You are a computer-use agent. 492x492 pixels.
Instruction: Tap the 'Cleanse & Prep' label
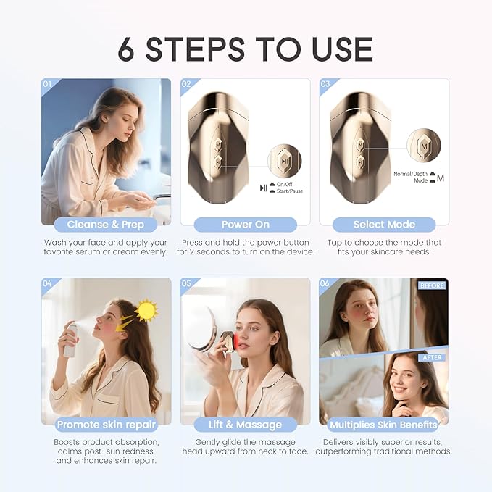107,225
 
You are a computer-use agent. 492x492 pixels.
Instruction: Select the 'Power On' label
245,225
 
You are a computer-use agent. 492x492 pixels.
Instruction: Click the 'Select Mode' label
384,225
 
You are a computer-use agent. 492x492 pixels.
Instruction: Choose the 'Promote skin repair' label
107,425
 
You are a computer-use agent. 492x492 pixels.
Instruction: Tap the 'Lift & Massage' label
245,425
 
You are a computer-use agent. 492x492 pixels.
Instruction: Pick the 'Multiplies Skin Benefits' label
384,425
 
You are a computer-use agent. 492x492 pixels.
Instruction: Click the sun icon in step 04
147,311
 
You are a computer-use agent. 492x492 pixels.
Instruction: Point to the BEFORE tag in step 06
432,285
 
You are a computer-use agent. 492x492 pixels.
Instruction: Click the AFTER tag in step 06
432,357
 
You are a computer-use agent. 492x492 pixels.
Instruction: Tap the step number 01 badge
48,84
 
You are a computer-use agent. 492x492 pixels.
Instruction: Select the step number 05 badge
187,283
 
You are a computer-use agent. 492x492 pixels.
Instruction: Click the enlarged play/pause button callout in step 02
285,161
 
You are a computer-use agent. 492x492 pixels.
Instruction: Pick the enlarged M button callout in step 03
424,146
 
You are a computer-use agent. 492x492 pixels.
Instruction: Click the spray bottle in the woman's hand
70,340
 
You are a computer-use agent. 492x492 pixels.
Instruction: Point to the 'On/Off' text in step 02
286,185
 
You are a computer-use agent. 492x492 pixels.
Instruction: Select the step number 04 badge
48,283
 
